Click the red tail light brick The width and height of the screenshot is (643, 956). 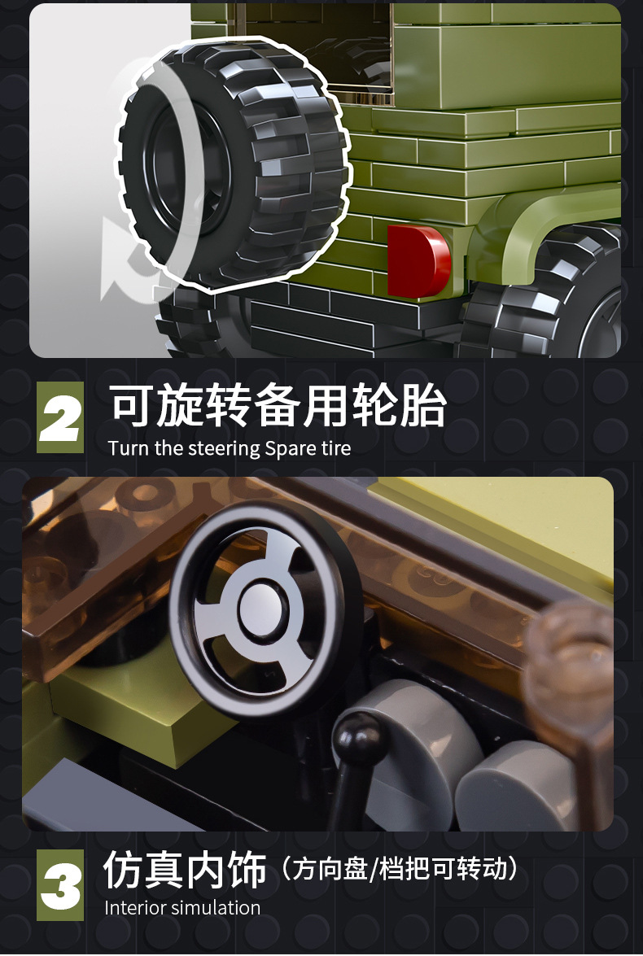pos(418,260)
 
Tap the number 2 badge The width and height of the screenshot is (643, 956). pos(60,417)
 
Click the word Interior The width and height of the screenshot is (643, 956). pos(137,908)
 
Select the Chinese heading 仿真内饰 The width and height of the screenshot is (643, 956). pos(186,871)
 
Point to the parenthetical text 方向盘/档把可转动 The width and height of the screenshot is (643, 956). pos(399,870)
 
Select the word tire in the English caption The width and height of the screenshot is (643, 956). pos(335,448)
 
